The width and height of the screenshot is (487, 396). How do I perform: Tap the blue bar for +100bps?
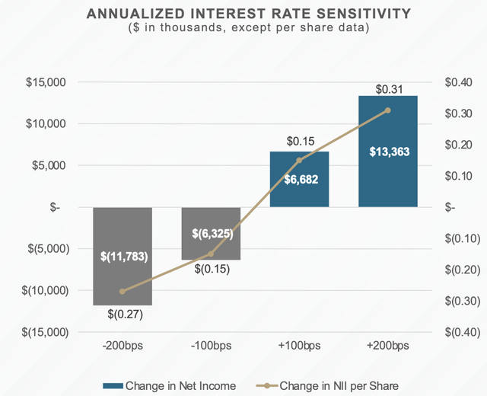click(x=300, y=179)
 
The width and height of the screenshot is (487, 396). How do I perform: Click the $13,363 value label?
click(x=388, y=152)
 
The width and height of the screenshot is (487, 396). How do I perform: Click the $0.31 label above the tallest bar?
click(x=388, y=90)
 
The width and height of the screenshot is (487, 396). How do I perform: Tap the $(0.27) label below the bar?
click(x=123, y=312)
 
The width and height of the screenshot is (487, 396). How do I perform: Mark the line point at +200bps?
click(x=388, y=110)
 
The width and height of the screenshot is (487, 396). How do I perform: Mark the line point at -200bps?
click(x=123, y=291)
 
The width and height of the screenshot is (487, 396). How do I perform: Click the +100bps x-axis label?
click(x=300, y=345)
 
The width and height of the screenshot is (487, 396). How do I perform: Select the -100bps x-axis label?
click(x=211, y=345)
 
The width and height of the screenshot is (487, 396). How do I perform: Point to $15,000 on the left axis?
click(x=47, y=82)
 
